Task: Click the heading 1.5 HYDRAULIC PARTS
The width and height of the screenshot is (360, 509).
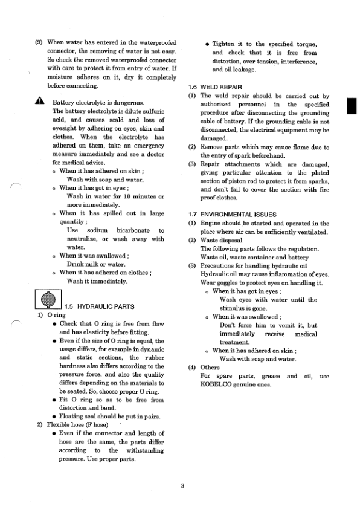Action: tap(93, 306)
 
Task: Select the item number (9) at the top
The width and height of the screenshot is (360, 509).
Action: tap(40, 43)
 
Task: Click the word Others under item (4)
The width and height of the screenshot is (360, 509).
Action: tap(210, 367)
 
